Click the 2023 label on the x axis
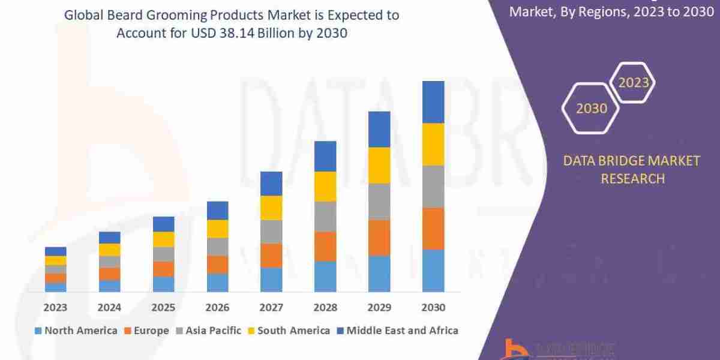[x=55, y=308]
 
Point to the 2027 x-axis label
[x=271, y=308]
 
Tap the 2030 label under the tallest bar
[x=433, y=308]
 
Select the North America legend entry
[x=76, y=331]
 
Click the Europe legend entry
[x=148, y=331]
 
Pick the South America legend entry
[x=289, y=331]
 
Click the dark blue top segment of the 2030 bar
[x=433, y=102]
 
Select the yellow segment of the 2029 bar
[x=379, y=165]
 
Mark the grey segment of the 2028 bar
[x=325, y=216]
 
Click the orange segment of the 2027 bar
[x=271, y=256]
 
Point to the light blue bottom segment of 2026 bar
[x=217, y=283]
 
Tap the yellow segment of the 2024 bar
[x=110, y=250]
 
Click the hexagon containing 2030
[x=592, y=109]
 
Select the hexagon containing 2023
[x=634, y=83]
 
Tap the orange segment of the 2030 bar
[x=433, y=229]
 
